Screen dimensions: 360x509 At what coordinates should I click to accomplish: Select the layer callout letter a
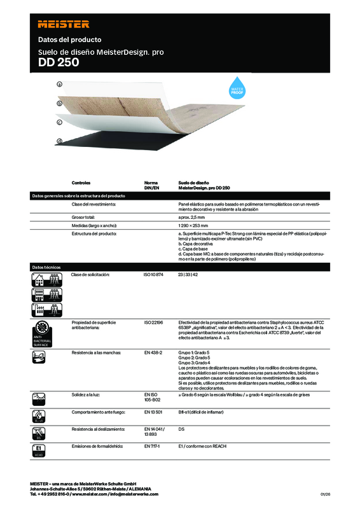pyautogui.click(x=59, y=84)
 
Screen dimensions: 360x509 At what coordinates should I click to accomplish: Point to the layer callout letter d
pyautogui.click(x=59, y=141)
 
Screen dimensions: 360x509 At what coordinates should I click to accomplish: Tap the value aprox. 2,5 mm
pyautogui.click(x=191, y=218)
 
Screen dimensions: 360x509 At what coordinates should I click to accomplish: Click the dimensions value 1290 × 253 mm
pyautogui.click(x=193, y=226)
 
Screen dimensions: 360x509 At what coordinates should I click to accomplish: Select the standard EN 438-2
pyautogui.click(x=153, y=352)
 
